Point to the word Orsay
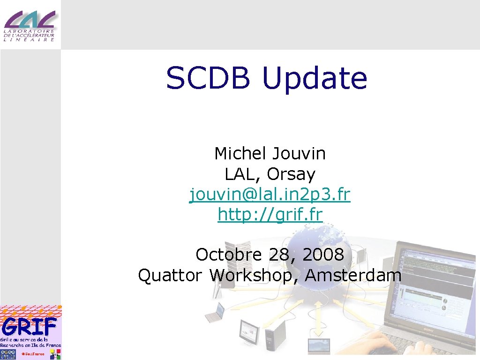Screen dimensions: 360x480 [291, 174]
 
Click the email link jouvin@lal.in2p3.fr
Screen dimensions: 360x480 [270, 195]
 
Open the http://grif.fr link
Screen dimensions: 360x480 [270, 215]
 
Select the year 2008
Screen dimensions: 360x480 [323, 255]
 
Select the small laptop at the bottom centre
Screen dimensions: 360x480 [319, 346]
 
